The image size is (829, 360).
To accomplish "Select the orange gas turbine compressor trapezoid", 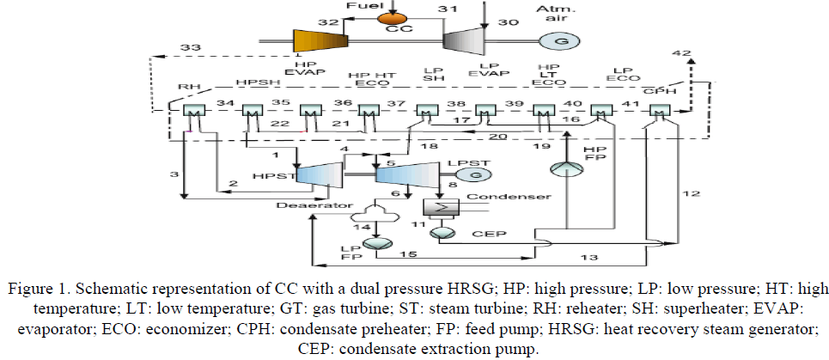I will pyautogui.click(x=319, y=40).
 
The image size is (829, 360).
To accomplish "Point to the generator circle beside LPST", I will pyautogui.click(x=471, y=174).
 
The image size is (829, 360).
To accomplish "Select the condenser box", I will pyautogui.click(x=442, y=207).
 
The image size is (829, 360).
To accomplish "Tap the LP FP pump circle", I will pyautogui.click(x=375, y=244).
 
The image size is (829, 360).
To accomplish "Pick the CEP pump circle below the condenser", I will pyautogui.click(x=440, y=232).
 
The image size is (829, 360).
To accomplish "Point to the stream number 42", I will pyautogui.click(x=680, y=53).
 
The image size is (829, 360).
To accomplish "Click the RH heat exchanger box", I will pyautogui.click(x=193, y=112).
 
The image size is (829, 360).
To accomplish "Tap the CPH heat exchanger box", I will pyautogui.click(x=659, y=112).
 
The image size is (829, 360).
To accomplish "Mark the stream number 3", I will pyautogui.click(x=174, y=174).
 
